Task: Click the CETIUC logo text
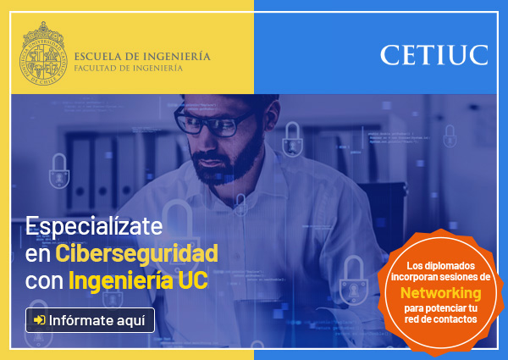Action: (434, 55)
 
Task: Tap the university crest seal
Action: (43, 54)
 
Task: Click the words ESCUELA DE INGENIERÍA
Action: (142, 56)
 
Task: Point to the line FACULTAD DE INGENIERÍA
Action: (129, 68)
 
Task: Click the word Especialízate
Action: (94, 226)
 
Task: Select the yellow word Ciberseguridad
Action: (136, 253)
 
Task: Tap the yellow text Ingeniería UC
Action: (138, 280)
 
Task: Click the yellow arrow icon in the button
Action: (40, 320)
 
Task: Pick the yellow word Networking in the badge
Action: (440, 293)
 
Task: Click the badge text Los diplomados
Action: (440, 266)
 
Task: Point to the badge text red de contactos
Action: (440, 319)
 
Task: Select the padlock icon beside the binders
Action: (59, 171)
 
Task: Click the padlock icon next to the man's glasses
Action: (293, 140)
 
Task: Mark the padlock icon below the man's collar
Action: (240, 205)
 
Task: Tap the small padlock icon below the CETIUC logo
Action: (450, 136)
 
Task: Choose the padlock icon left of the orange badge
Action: (353, 280)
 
